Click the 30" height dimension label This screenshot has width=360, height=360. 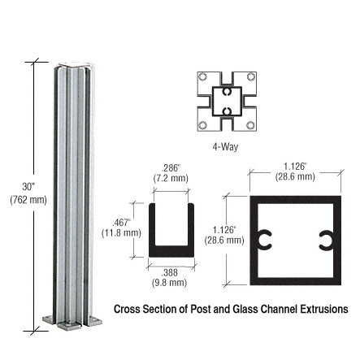(x=28, y=187)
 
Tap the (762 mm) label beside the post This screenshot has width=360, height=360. (x=28, y=200)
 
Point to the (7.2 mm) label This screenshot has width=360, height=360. (x=170, y=177)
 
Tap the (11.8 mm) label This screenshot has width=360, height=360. (x=121, y=232)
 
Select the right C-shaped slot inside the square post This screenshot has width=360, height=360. (x=325, y=240)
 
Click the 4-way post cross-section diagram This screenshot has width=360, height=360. (x=225, y=102)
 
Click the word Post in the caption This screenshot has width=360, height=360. (x=201, y=310)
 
